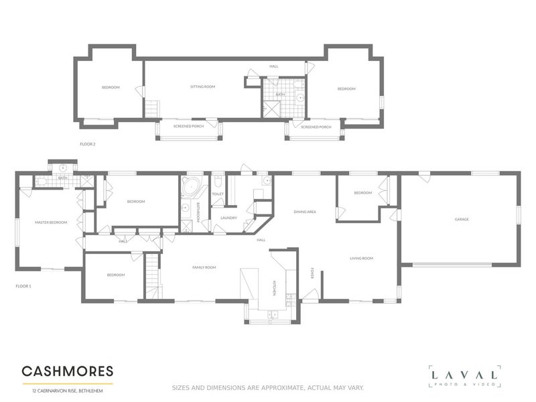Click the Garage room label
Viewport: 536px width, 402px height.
coord(461,220)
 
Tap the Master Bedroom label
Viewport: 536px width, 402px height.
coord(52,222)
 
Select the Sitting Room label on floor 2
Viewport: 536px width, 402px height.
coord(202,87)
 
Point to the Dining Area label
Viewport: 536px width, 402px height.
coord(305,212)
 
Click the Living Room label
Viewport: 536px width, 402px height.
coord(361,258)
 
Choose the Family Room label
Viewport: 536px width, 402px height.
coord(204,267)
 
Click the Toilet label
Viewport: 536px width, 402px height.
coord(218,194)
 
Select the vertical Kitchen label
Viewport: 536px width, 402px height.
coord(274,288)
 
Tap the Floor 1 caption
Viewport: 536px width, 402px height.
coord(23,286)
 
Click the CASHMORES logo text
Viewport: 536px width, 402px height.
coord(68,371)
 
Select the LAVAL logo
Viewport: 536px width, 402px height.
coord(465,376)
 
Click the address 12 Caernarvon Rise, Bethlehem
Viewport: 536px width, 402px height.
coord(62,389)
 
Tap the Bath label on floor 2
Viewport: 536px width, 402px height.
coord(280,95)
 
